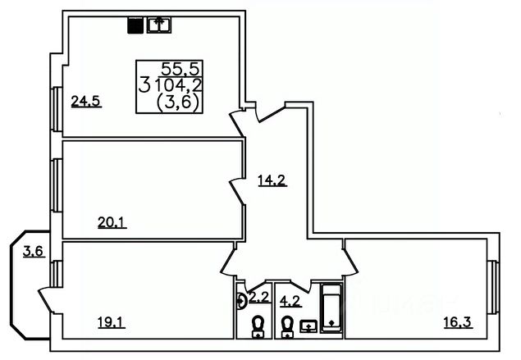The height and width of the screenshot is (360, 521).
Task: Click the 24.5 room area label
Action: [85, 102]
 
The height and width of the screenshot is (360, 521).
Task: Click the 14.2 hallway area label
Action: [271, 181]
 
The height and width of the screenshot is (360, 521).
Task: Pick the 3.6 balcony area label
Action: [33, 252]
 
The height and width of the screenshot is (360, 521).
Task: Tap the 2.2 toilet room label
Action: [259, 296]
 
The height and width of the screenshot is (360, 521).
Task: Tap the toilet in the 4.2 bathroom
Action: [288, 326]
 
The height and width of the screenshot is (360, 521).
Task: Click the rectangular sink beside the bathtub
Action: [309, 326]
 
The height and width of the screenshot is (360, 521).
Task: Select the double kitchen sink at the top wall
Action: [158, 25]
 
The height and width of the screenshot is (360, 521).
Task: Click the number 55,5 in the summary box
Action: [176, 68]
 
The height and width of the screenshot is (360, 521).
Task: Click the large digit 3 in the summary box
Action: [144, 84]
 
